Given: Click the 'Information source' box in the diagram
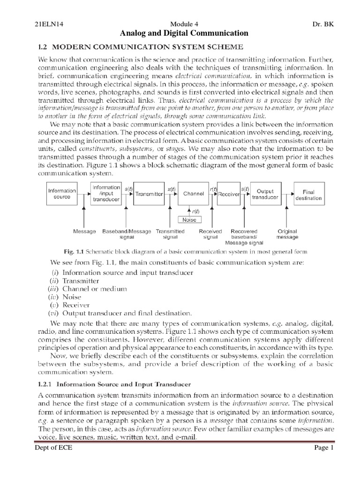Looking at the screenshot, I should (x=62, y=194).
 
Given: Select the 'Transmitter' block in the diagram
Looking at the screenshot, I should (x=149, y=194).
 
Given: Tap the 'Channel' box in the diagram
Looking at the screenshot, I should (x=193, y=194).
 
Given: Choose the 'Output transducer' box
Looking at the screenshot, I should (x=265, y=194).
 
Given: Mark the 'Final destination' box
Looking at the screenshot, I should (x=308, y=195).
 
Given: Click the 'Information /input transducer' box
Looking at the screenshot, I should (x=106, y=194).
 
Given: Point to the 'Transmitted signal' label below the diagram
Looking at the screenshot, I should (x=170, y=234).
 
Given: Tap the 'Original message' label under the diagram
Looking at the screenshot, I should (x=287, y=234).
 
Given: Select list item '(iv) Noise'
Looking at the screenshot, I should (x=66, y=297).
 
